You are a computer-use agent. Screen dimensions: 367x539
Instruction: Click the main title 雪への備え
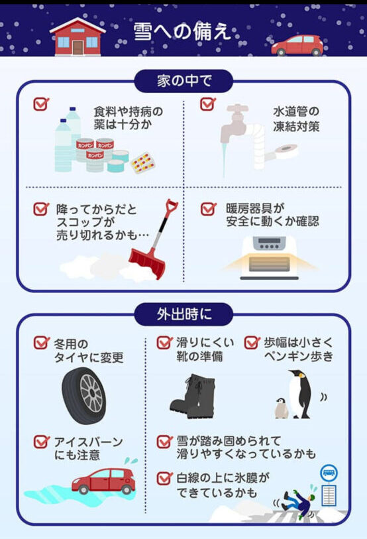[182, 32]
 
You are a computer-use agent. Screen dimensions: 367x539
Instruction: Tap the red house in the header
[78, 37]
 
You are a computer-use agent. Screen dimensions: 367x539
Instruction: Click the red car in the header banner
[297, 45]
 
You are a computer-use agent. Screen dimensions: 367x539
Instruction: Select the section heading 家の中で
[184, 81]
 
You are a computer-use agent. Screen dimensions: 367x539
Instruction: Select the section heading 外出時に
[184, 314]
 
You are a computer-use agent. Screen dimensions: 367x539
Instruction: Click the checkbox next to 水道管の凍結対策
[208, 104]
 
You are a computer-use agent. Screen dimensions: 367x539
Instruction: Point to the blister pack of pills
[143, 162]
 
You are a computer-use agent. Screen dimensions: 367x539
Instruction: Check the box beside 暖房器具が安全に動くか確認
[208, 209]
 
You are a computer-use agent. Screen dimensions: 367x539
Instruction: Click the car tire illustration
[84, 395]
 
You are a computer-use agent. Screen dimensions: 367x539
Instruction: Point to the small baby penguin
[281, 408]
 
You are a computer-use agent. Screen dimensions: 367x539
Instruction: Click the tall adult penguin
[299, 394]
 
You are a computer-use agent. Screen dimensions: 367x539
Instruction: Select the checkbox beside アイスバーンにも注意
[41, 442]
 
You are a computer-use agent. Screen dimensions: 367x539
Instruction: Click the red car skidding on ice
[103, 480]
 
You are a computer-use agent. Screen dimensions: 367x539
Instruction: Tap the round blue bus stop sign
[329, 473]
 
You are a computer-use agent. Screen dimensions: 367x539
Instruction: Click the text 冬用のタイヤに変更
[88, 351]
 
